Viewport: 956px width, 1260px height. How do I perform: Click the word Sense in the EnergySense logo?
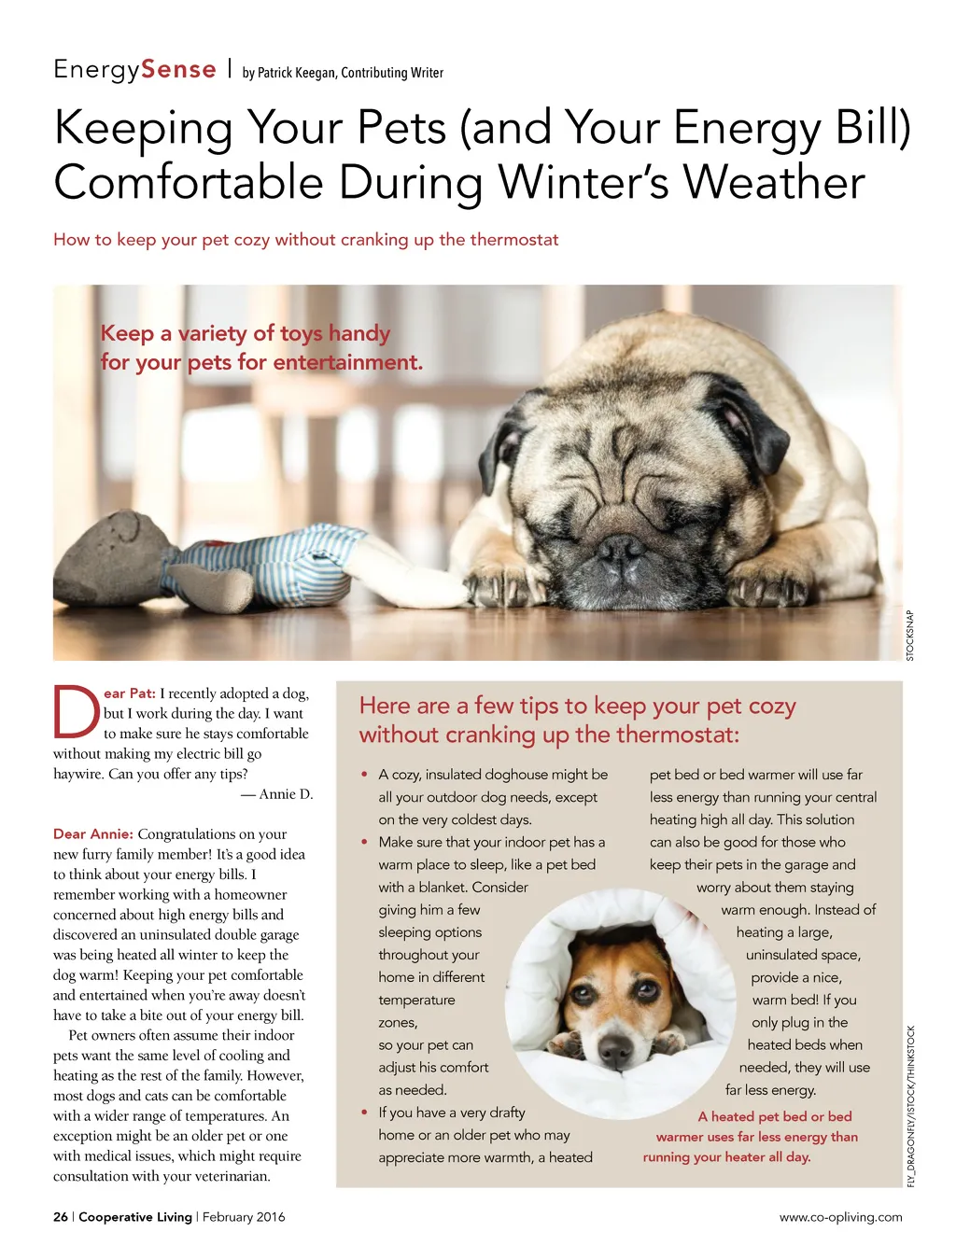(x=178, y=70)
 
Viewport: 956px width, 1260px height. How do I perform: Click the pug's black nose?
(x=620, y=550)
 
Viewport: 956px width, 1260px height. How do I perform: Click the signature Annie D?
(x=286, y=794)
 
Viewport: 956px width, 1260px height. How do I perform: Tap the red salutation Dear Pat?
(x=130, y=693)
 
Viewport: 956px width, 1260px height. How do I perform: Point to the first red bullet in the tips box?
(x=364, y=775)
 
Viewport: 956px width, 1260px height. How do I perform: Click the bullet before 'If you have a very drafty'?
(x=364, y=1113)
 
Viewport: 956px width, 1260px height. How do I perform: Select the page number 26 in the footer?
(x=61, y=1217)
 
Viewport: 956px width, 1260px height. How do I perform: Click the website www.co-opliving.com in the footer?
(x=840, y=1217)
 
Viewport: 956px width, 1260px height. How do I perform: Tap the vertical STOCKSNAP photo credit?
(x=910, y=636)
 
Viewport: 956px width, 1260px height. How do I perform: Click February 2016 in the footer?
(x=244, y=1217)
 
